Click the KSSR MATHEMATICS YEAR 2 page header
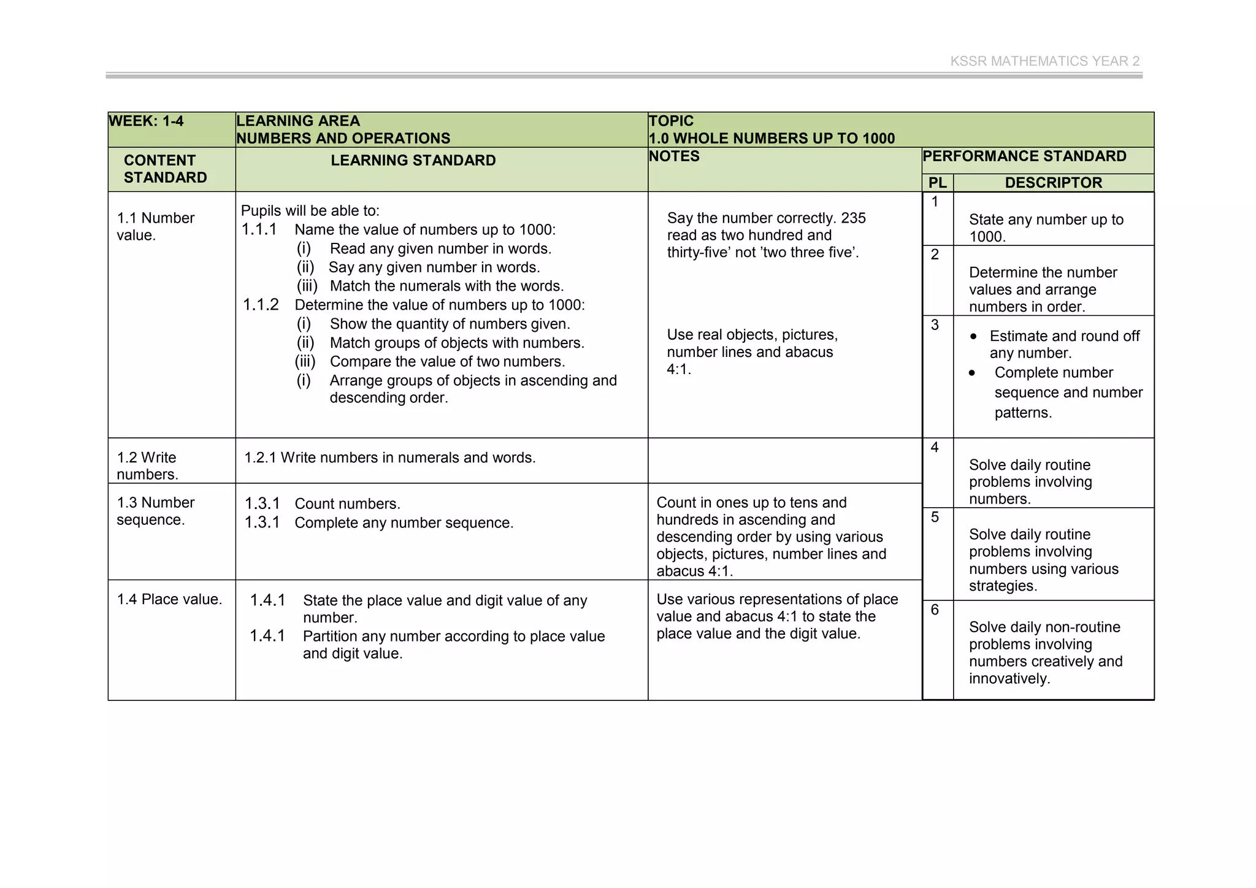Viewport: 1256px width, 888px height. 1044,61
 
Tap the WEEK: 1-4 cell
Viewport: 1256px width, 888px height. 146,121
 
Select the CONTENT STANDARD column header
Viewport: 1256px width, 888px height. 165,169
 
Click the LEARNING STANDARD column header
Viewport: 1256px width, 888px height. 413,161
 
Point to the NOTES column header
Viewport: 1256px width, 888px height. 674,156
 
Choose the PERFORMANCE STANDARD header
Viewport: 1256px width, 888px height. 1024,156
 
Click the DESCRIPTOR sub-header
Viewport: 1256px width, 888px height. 1053,183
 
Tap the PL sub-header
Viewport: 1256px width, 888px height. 937,183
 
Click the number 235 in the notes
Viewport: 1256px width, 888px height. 853,218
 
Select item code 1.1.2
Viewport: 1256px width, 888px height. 261,305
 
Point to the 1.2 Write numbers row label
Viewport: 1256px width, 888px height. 147,465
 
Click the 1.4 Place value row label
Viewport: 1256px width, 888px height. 169,599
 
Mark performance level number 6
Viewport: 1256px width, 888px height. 935,610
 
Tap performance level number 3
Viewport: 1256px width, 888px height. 935,325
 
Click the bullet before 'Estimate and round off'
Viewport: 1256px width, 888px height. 973,337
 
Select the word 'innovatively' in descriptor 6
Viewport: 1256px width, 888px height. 1009,679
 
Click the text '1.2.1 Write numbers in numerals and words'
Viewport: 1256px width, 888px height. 389,457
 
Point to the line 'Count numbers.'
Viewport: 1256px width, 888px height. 347,504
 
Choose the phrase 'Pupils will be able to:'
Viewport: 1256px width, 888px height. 310,211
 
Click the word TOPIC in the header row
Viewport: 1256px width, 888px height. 671,121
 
